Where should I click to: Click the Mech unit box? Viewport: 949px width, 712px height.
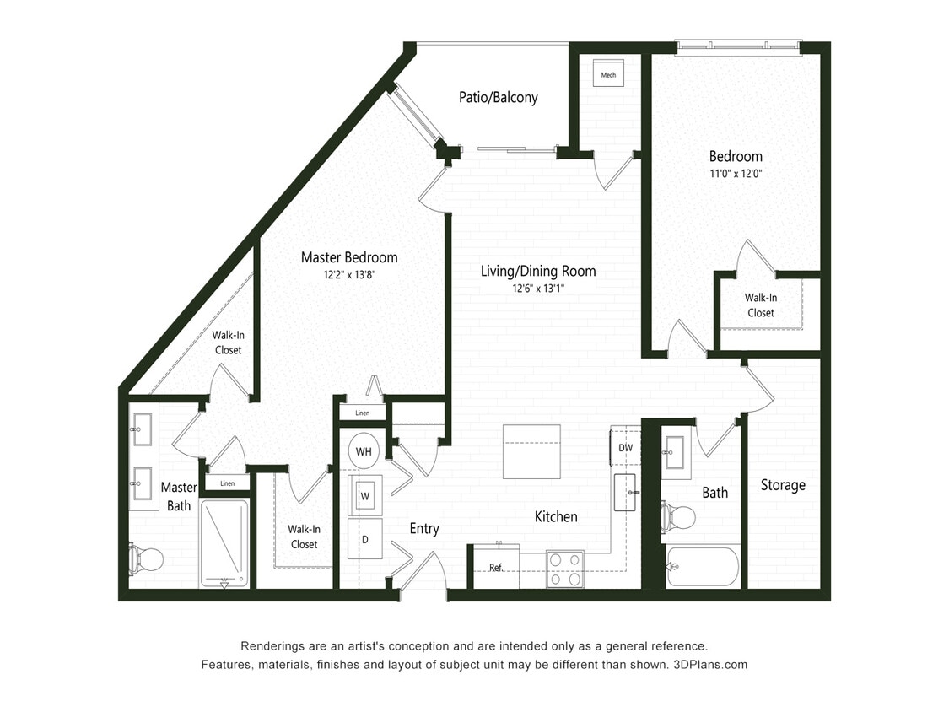pyautogui.click(x=608, y=74)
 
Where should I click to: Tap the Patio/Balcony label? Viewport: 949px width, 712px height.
pyautogui.click(x=498, y=97)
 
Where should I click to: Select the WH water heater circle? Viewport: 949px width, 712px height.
pyautogui.click(x=364, y=451)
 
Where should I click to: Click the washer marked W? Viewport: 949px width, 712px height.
pyautogui.click(x=365, y=495)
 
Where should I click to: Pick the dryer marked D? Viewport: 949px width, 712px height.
pyautogui.click(x=365, y=538)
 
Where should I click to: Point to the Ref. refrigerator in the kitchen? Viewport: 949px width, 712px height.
pyautogui.click(x=495, y=567)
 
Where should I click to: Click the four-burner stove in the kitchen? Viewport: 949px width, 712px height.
pyautogui.click(x=564, y=569)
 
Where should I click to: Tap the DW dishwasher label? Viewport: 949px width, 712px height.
pyautogui.click(x=626, y=447)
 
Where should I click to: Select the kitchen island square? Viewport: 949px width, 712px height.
pyautogui.click(x=531, y=450)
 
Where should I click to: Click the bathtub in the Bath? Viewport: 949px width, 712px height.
pyautogui.click(x=703, y=567)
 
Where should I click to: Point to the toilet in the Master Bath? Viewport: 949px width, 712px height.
pyautogui.click(x=146, y=558)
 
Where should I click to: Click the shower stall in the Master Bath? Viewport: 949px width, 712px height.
pyautogui.click(x=224, y=543)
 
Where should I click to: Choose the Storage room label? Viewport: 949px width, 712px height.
pyautogui.click(x=783, y=485)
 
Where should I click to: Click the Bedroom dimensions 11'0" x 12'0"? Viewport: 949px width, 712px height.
pyautogui.click(x=736, y=174)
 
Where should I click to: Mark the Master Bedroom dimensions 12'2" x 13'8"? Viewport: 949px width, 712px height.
pyautogui.click(x=349, y=274)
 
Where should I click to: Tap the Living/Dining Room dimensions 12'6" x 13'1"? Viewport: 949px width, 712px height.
pyautogui.click(x=538, y=288)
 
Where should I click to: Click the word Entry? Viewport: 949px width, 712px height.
pyautogui.click(x=424, y=528)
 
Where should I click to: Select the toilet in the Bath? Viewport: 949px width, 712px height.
pyautogui.click(x=678, y=516)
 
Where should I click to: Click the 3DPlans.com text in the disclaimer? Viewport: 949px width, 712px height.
pyautogui.click(x=710, y=664)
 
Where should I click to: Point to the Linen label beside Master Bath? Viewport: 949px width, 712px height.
pyautogui.click(x=227, y=483)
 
